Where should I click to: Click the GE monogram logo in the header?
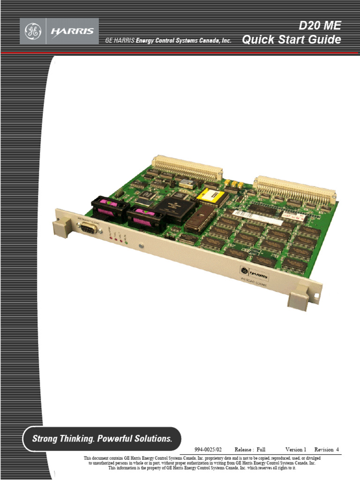(33, 31)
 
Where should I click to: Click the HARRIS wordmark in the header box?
(72, 31)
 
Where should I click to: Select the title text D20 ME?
(320, 25)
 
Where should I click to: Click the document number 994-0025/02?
(208, 450)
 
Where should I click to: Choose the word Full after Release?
(261, 450)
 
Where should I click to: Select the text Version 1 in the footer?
(295, 450)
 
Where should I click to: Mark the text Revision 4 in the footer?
(326, 450)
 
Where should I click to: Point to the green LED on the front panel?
(127, 243)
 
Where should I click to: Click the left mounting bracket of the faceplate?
(61, 228)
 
